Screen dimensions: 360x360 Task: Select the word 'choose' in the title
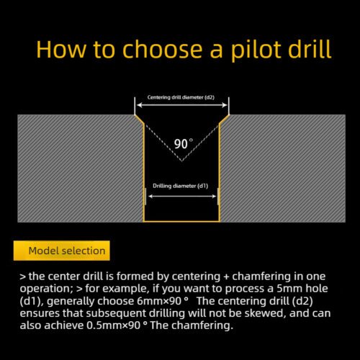[x=139, y=50]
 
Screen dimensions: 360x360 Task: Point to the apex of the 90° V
[x=182, y=160]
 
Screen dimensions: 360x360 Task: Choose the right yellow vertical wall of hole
[x=220, y=173]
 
